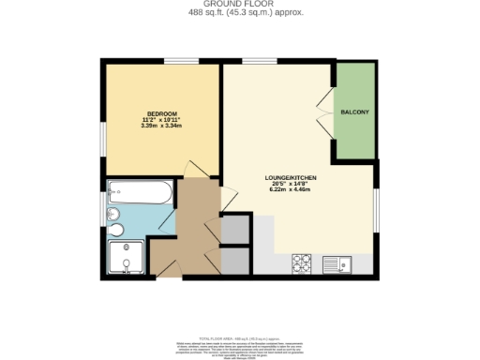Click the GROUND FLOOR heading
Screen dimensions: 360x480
(239, 4)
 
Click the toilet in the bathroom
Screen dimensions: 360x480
(115, 229)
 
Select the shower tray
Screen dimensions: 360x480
(126, 259)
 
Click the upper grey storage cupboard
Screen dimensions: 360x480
(234, 230)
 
